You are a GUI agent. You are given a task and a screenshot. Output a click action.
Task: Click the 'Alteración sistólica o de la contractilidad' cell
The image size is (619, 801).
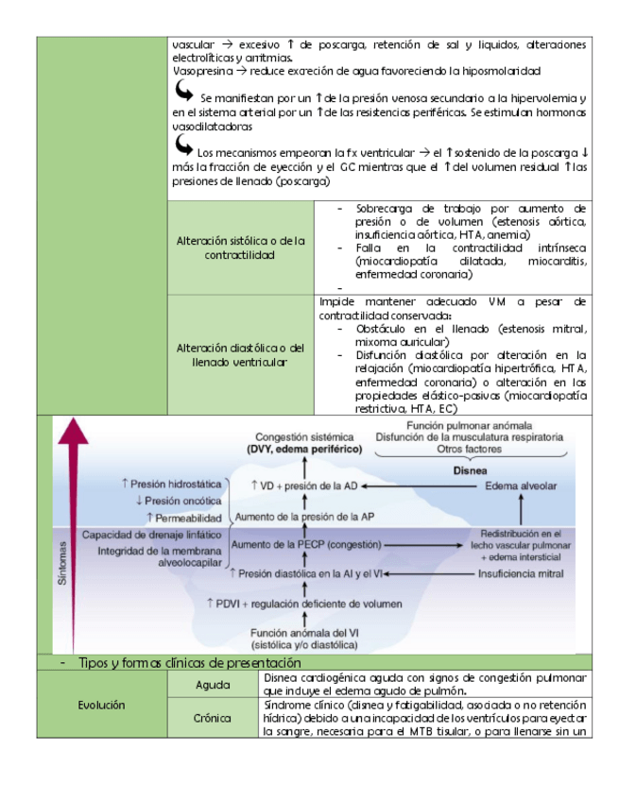[x=240, y=247]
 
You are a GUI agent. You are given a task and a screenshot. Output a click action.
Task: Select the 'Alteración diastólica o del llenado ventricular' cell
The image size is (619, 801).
[x=240, y=354]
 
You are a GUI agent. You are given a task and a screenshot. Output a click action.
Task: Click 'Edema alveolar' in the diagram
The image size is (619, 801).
[x=521, y=486]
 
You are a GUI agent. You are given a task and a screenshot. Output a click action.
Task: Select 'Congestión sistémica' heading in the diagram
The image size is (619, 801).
[x=305, y=438]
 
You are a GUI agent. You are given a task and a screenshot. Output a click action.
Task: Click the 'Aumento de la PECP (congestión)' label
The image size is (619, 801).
[x=306, y=545]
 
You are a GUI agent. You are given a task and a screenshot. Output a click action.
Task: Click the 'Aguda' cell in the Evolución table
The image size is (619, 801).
[x=213, y=684]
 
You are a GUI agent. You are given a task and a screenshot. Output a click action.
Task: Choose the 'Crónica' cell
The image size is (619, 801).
[x=213, y=718]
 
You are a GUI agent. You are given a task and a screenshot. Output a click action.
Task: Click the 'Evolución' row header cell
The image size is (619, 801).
[x=101, y=705]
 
